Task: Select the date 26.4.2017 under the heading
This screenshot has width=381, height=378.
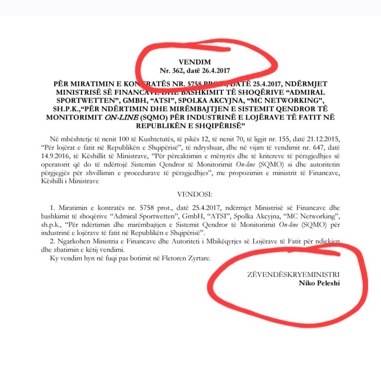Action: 215,70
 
